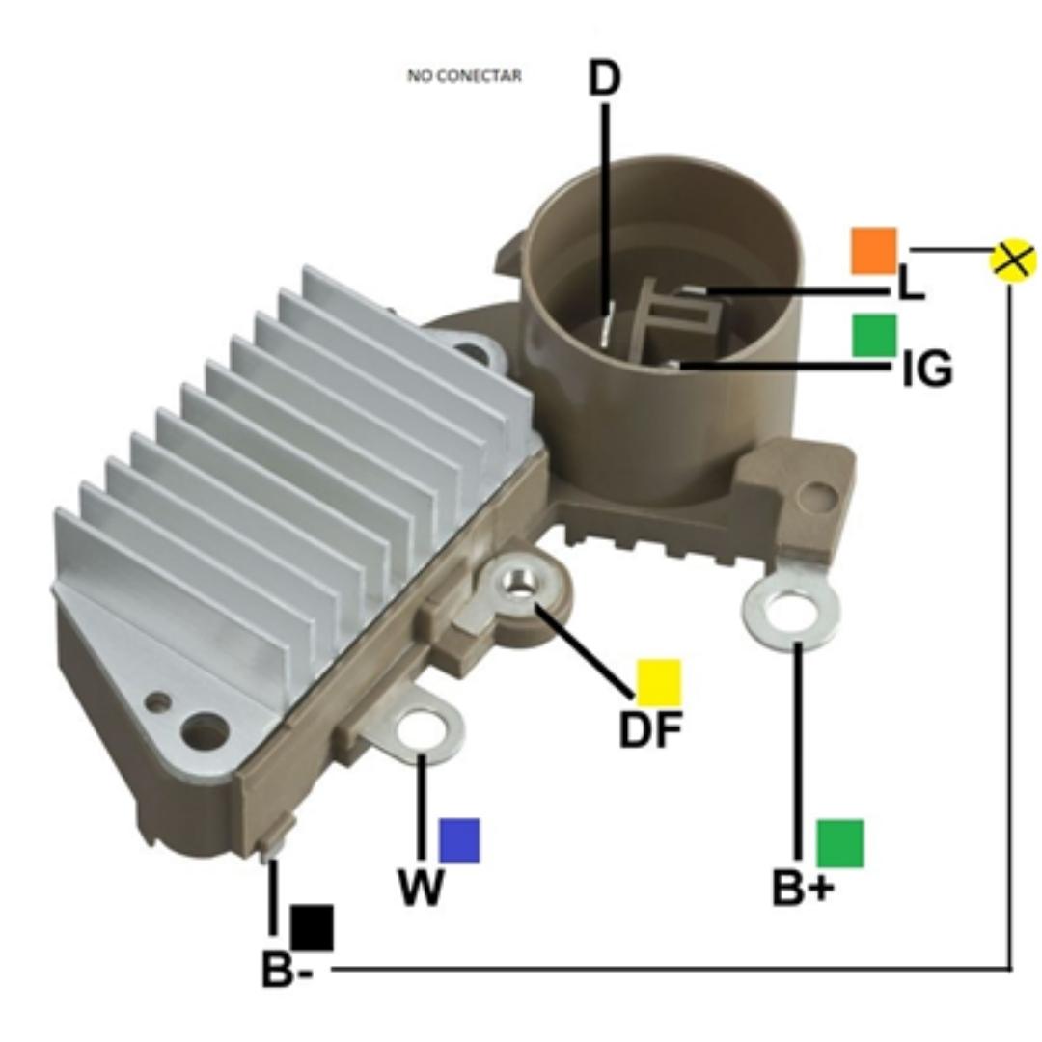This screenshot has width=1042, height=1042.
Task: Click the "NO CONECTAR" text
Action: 464,76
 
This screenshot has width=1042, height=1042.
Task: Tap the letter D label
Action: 604,78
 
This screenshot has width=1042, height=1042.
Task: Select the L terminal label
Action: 910,283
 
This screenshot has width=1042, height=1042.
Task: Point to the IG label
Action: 928,370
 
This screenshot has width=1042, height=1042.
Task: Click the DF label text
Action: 650,729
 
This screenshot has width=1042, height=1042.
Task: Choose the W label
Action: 422,888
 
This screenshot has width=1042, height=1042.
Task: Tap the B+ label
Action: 803,888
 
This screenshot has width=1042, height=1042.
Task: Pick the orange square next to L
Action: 874,251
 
